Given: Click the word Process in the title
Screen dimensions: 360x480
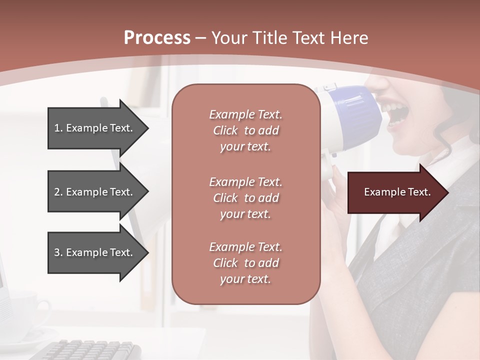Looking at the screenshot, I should pyautogui.click(x=157, y=38).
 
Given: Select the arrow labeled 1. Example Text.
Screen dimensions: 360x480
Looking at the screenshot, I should pyautogui.click(x=95, y=128).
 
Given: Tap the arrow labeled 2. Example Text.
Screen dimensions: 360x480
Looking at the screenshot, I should pyautogui.click(x=95, y=192).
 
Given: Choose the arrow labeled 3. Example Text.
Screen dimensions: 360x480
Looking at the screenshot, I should pyautogui.click(x=95, y=252).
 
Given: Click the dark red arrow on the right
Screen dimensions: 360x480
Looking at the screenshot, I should pyautogui.click(x=395, y=192).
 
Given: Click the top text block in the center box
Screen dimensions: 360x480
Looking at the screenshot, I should pyautogui.click(x=245, y=130).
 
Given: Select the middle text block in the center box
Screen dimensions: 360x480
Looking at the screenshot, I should pyautogui.click(x=245, y=197).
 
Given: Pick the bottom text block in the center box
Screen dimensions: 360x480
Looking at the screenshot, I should pyautogui.click(x=245, y=263).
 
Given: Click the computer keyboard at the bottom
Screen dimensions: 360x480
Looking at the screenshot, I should pyautogui.click(x=90, y=350).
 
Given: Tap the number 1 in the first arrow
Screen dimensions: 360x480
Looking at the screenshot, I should pyautogui.click(x=57, y=128).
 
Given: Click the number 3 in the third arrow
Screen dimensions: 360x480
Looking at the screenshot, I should pyautogui.click(x=57, y=252).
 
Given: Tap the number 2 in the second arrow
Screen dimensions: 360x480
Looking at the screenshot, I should pyautogui.click(x=57, y=192).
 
